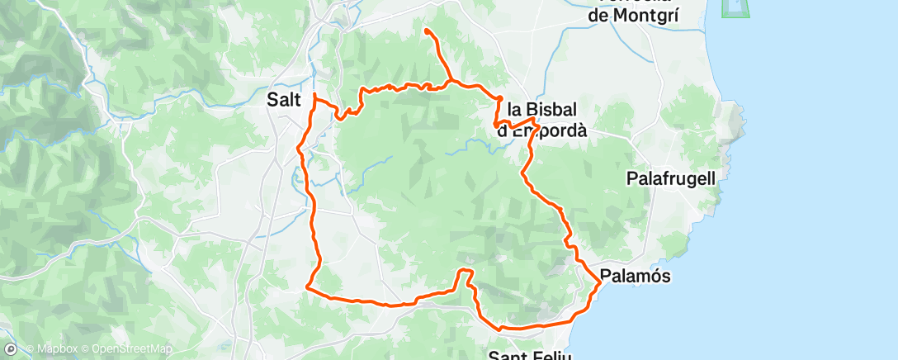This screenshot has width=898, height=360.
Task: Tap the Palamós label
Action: (635, 276)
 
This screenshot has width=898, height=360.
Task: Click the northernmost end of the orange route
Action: (427, 31)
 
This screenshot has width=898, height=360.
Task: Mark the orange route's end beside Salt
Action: (314, 97)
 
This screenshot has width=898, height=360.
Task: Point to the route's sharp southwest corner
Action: (307, 287)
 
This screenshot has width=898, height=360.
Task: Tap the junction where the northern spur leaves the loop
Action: (451, 82)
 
